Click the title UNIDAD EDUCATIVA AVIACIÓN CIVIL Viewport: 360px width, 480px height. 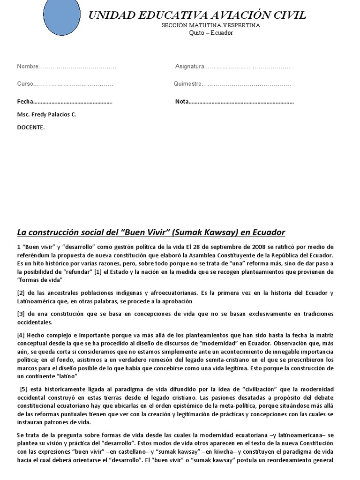tap(197, 15)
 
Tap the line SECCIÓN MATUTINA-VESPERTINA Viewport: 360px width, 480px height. tap(210, 25)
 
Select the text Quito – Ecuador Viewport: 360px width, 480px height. tap(211, 33)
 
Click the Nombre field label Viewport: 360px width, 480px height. tap(28, 67)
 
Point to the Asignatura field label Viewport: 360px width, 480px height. tap(189, 67)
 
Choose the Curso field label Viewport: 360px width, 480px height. tap(25, 84)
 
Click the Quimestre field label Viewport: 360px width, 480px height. tap(187, 84)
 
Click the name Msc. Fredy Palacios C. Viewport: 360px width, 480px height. tap(46, 114)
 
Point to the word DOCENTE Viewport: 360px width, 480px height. tap(31, 127)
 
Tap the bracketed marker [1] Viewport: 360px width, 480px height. tap(97, 272)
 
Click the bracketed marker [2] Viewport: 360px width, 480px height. tap(21, 293)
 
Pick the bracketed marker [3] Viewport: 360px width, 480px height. tap(21, 314)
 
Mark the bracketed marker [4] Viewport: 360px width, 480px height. tap(21, 335)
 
